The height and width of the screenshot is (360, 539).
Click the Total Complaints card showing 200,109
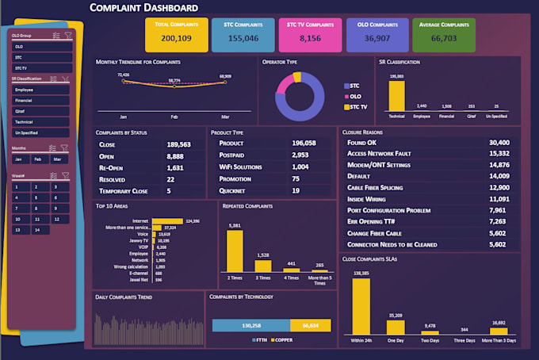point(175,34)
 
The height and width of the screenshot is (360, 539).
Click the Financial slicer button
point(41,101)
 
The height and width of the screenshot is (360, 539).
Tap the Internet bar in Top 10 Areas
point(166,221)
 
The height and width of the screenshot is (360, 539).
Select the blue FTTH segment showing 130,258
point(250,325)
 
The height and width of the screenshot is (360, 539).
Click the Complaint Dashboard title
point(143,8)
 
